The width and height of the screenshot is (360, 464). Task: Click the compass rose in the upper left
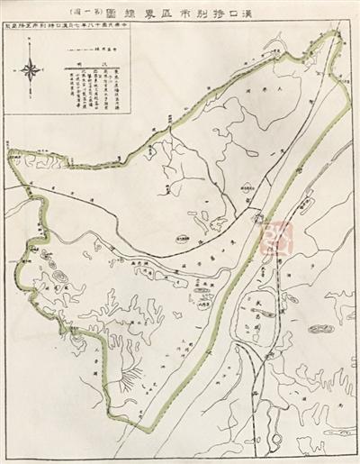(x=31, y=70)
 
